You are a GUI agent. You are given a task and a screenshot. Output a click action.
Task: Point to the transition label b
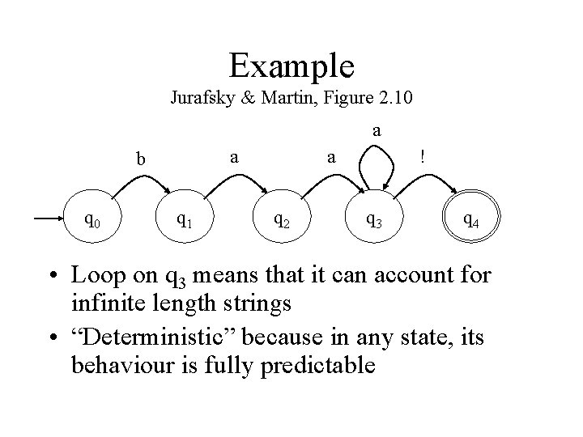(141, 159)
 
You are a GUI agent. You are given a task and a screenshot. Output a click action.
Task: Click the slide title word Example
(291, 65)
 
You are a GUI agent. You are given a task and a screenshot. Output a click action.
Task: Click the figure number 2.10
(394, 100)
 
